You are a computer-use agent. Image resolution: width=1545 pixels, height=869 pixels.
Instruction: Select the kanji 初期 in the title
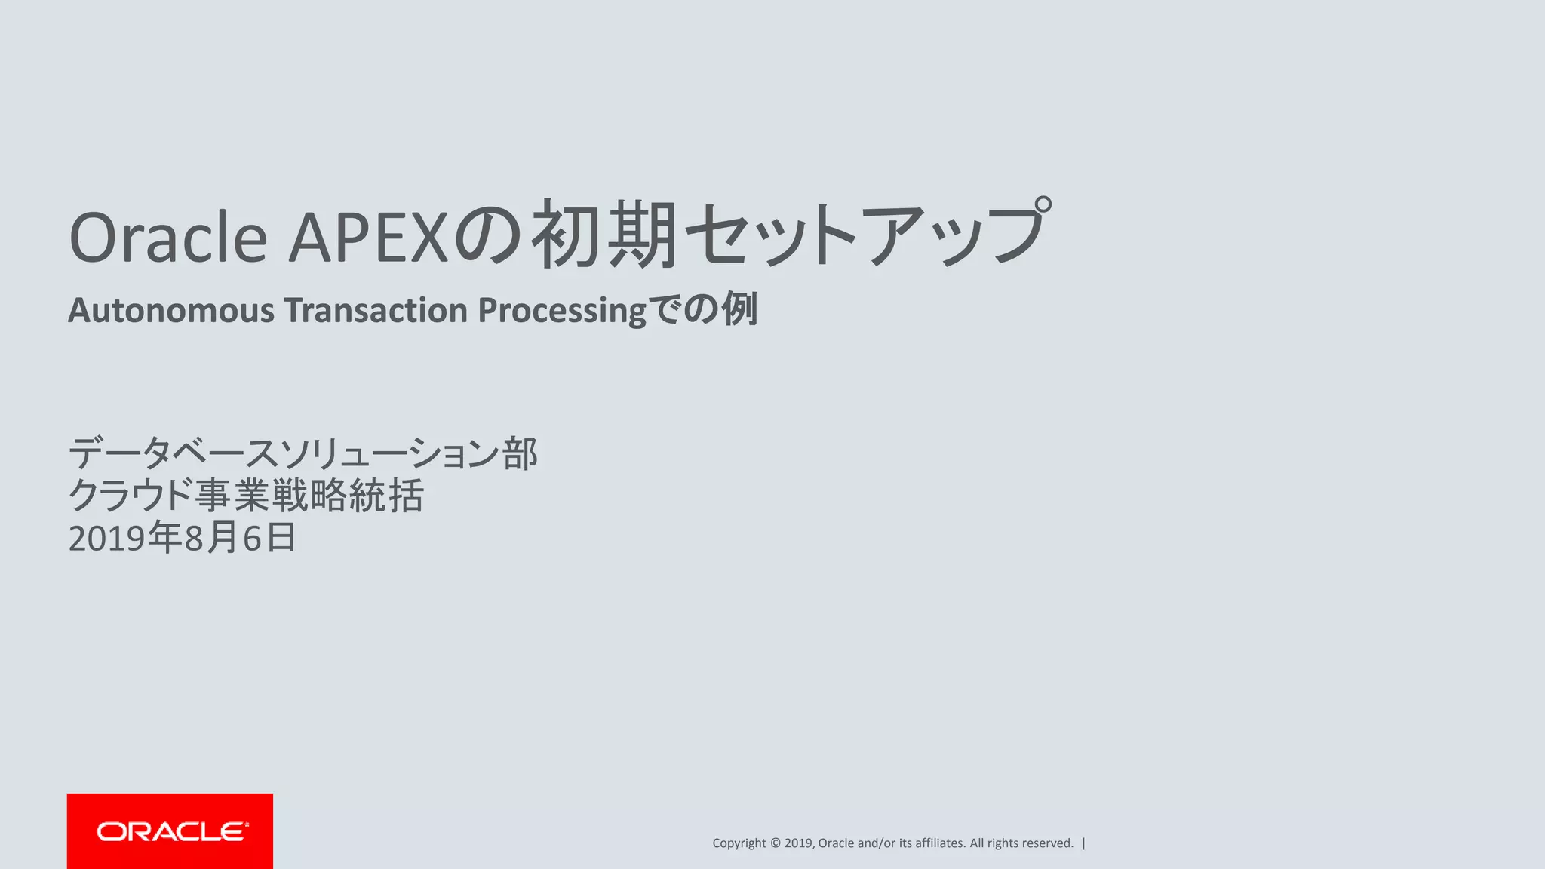pyautogui.click(x=604, y=235)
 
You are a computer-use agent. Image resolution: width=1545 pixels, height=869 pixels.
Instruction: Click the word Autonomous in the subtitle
pyautogui.click(x=171, y=310)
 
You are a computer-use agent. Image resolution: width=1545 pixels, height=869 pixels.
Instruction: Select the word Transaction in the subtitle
pyautogui.click(x=376, y=310)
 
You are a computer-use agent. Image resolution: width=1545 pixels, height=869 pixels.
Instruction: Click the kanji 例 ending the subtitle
pyautogui.click(x=739, y=309)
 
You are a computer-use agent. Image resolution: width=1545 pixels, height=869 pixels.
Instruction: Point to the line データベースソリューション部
pyautogui.click(x=303, y=454)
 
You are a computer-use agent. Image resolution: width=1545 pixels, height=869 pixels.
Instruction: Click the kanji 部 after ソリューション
pyautogui.click(x=521, y=454)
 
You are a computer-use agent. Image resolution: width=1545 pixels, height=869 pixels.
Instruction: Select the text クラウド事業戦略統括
pyautogui.click(x=246, y=496)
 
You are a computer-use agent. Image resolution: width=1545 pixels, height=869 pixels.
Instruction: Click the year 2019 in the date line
pyautogui.click(x=106, y=539)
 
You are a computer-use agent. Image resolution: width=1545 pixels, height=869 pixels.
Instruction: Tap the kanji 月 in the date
pyautogui.click(x=223, y=538)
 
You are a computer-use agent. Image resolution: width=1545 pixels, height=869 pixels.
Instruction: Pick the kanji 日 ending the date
pyautogui.click(x=281, y=538)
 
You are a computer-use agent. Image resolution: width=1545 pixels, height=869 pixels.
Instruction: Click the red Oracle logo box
pyautogui.click(x=170, y=831)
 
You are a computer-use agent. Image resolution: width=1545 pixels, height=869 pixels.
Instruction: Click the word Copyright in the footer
pyautogui.click(x=739, y=843)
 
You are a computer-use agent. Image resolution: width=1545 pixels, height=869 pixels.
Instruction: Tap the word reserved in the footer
pyautogui.click(x=1046, y=843)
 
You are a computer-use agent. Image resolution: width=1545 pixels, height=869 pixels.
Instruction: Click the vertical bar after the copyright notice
pyautogui.click(x=1084, y=843)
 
